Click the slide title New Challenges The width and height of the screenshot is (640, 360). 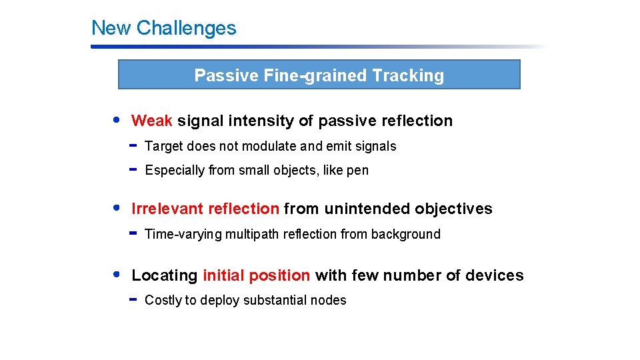pos(163,28)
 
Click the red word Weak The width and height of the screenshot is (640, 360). pos(152,121)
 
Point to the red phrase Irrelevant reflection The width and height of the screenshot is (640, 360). pos(205,209)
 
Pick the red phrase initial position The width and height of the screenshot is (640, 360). pos(256,275)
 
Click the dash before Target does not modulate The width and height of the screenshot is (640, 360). pos(133,145)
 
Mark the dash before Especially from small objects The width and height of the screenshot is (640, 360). pos(133,169)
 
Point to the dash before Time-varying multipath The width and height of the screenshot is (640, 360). pos(133,233)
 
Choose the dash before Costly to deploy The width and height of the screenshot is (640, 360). pos(133,299)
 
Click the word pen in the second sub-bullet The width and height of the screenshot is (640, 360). pos(357,171)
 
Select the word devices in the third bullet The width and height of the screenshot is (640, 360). pos(497,275)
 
